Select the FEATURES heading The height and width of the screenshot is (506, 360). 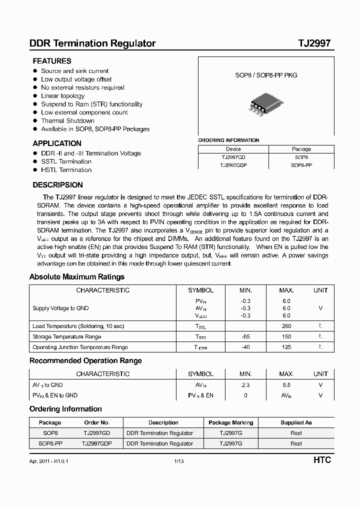click(x=52, y=61)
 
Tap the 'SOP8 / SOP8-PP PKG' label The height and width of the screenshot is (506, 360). click(x=266, y=75)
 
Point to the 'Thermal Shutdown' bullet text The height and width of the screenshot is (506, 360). click(x=67, y=120)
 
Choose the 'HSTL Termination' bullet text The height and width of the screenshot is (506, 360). click(x=66, y=170)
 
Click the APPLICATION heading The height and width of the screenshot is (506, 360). click(x=57, y=143)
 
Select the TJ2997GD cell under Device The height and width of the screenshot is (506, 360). click(x=233, y=157)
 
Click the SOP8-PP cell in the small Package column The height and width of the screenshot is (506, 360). click(x=301, y=164)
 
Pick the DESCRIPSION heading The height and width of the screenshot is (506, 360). click(x=57, y=185)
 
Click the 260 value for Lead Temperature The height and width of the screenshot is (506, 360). click(x=286, y=326)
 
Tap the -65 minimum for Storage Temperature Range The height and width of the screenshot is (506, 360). click(x=245, y=336)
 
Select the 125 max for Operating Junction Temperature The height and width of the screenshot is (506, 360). click(x=286, y=347)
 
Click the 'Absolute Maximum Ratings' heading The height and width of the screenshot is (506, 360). click(x=77, y=277)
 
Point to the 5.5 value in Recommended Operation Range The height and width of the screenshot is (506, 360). click(x=286, y=385)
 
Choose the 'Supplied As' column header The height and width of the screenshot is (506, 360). click(x=296, y=422)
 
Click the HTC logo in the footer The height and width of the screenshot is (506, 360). click(x=322, y=460)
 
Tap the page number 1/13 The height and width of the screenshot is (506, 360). click(x=179, y=461)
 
